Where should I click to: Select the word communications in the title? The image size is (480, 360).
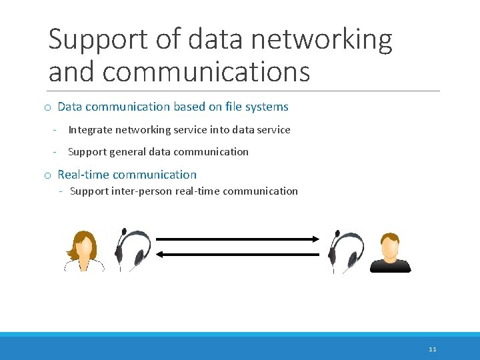point(206,71)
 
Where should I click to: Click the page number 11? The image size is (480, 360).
point(433,349)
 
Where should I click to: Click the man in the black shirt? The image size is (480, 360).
point(390,253)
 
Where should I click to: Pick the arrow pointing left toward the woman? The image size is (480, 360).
point(236,254)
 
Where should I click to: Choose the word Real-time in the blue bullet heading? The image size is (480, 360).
point(83,175)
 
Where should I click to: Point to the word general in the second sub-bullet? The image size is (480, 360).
point(127,152)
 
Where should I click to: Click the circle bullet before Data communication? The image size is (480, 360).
point(48,107)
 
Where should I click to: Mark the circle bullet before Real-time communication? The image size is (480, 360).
point(48,175)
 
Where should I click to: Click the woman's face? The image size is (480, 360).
point(84,248)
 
